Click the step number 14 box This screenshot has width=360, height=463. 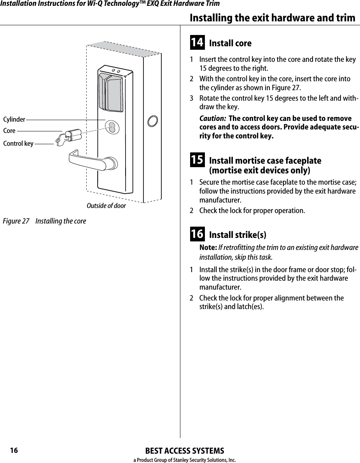(197, 42)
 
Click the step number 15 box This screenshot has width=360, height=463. (197, 160)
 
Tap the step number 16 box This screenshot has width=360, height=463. (197, 234)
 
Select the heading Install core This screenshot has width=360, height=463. (230, 43)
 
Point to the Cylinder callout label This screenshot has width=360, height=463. (14, 119)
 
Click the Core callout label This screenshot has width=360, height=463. (9, 131)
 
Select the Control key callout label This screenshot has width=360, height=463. (18, 144)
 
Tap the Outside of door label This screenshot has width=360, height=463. (106, 206)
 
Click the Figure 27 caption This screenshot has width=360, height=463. (45, 221)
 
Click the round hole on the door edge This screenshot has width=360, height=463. (153, 120)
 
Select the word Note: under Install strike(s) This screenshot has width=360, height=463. (208, 248)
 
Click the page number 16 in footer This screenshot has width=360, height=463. (14, 451)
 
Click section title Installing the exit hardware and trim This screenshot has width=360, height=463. (272, 18)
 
